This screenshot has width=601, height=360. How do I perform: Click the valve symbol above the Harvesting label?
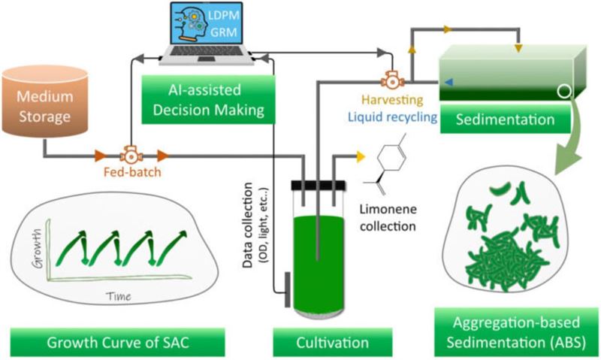[x=390, y=77]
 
